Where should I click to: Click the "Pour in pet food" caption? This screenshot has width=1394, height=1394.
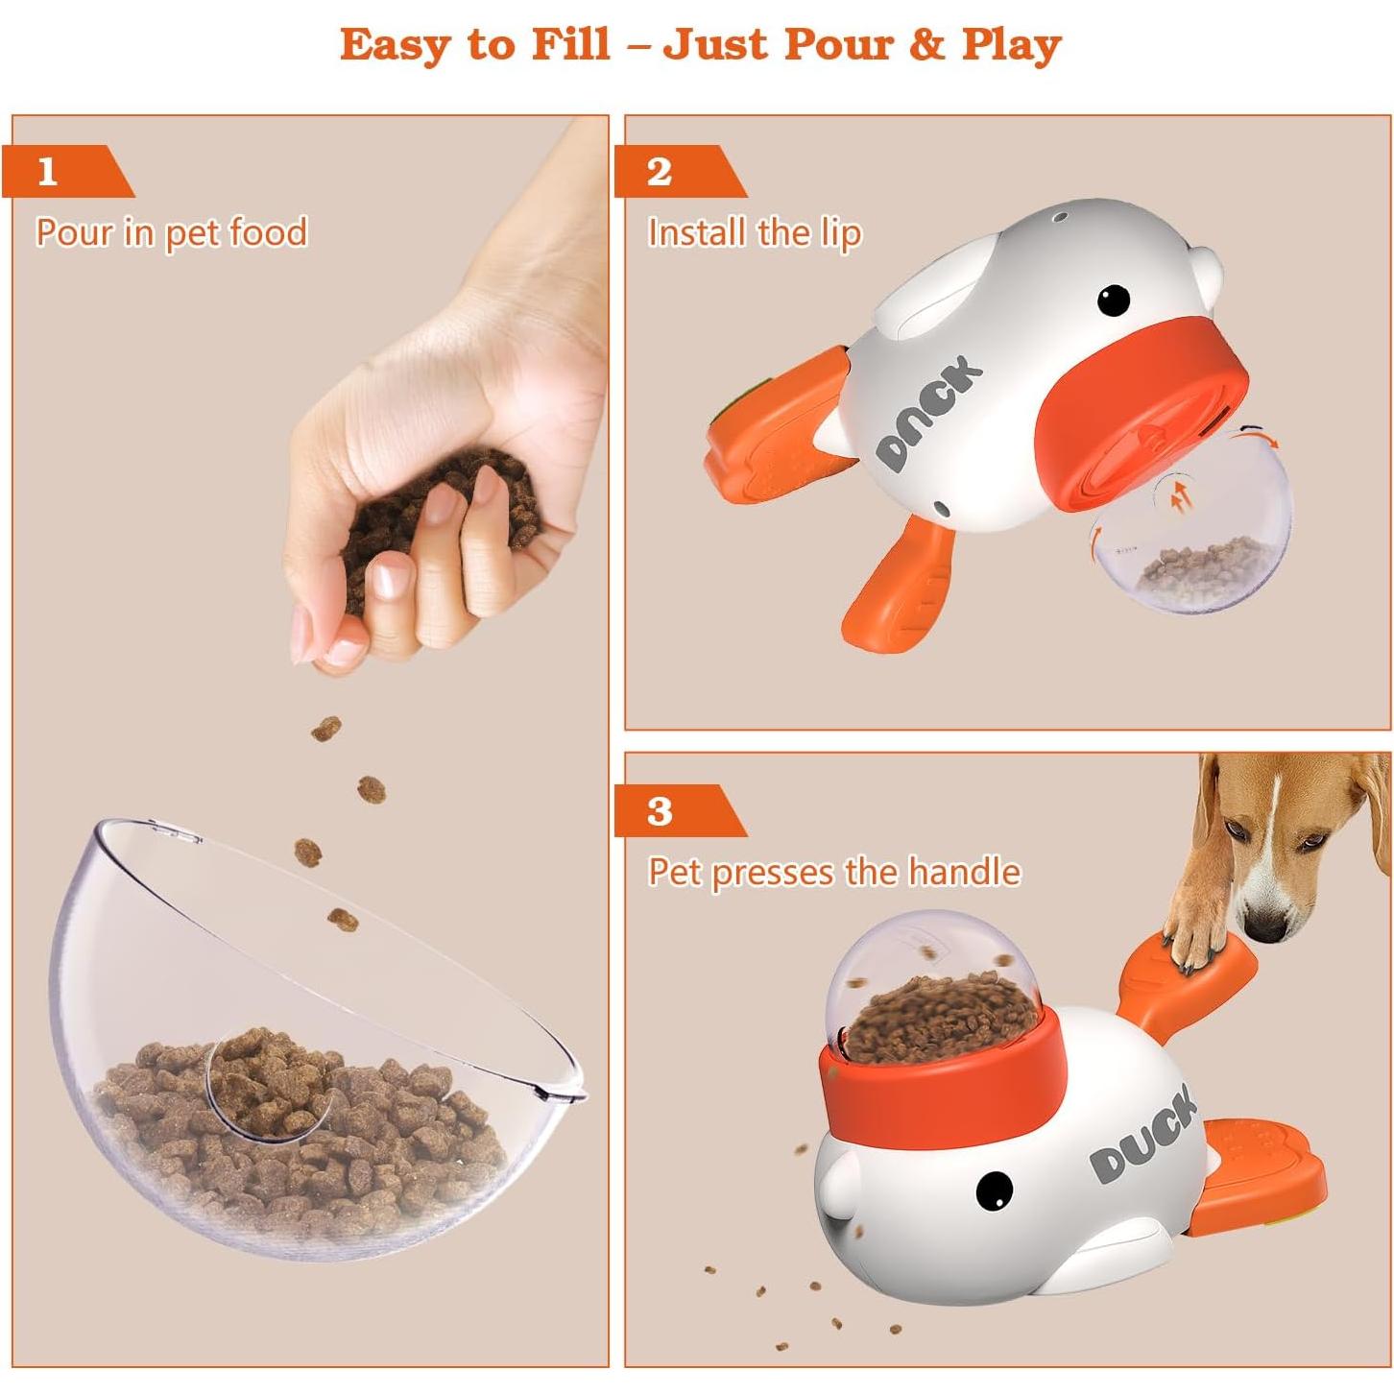[171, 233]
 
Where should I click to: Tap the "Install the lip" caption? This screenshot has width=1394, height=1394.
[754, 233]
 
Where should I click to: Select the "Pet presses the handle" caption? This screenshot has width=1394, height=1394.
[833, 873]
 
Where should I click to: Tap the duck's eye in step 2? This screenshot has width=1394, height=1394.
[1113, 300]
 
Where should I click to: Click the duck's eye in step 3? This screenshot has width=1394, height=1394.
[994, 1190]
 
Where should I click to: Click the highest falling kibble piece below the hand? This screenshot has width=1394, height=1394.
[326, 729]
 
